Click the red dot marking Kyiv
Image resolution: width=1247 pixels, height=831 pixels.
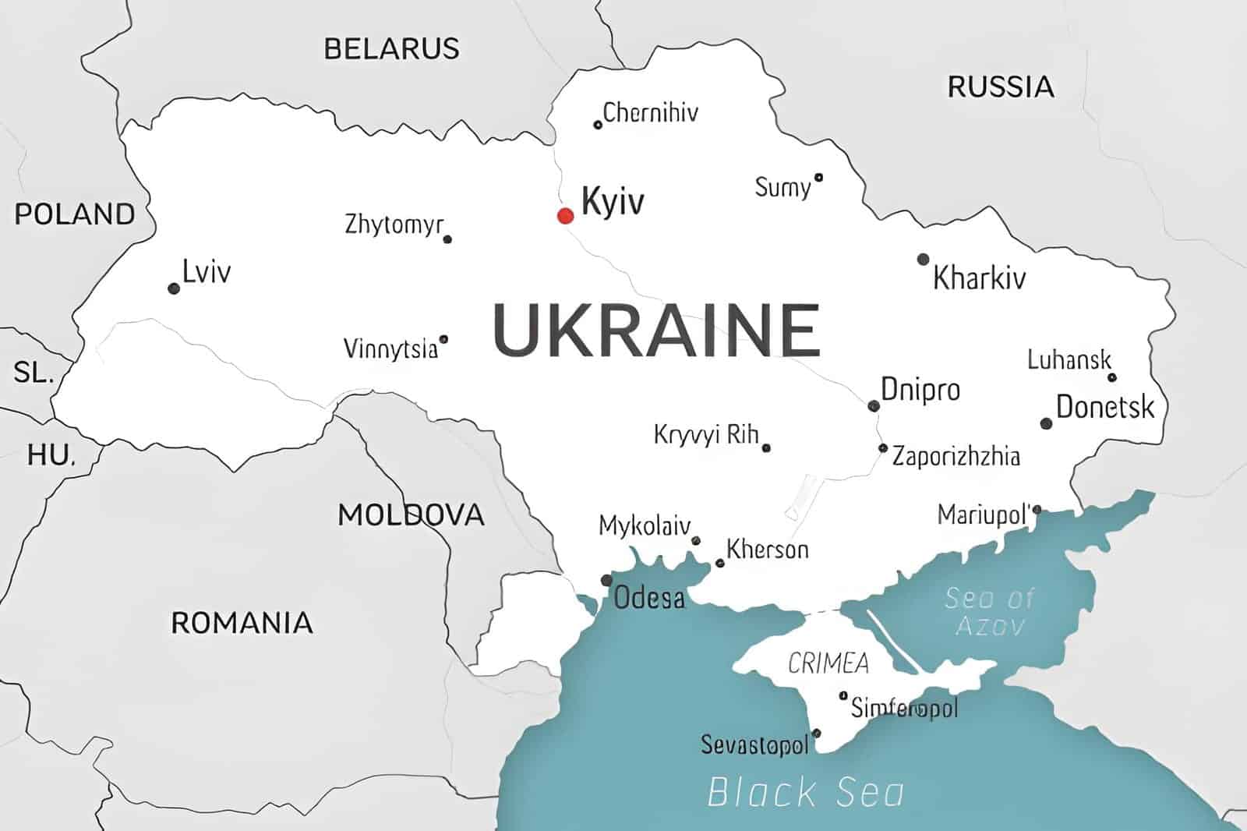(565, 215)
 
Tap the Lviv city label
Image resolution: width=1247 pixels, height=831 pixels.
(207, 272)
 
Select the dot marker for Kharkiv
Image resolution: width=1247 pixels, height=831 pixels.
(923, 259)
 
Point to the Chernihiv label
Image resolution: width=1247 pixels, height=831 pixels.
(650, 112)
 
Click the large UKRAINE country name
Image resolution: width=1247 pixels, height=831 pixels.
(656, 331)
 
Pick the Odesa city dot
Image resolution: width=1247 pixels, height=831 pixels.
(606, 580)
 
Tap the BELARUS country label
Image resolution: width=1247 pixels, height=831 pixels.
(391, 48)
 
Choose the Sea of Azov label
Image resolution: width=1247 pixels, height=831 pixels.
(989, 611)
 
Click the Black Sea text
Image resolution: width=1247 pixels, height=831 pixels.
(806, 792)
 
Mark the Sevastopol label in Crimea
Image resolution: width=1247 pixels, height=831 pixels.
(754, 744)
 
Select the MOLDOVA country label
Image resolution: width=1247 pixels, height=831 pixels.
(411, 515)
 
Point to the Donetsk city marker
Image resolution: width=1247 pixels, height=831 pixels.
(1046, 423)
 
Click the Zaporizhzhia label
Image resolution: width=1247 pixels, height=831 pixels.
(956, 455)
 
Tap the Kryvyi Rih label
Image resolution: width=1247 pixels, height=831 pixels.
(706, 434)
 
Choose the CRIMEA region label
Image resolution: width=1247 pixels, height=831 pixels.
(828, 663)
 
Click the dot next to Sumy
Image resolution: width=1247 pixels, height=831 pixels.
(818, 178)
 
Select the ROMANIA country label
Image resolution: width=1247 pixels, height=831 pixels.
(242, 622)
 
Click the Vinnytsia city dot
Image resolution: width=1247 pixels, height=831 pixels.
(443, 339)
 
